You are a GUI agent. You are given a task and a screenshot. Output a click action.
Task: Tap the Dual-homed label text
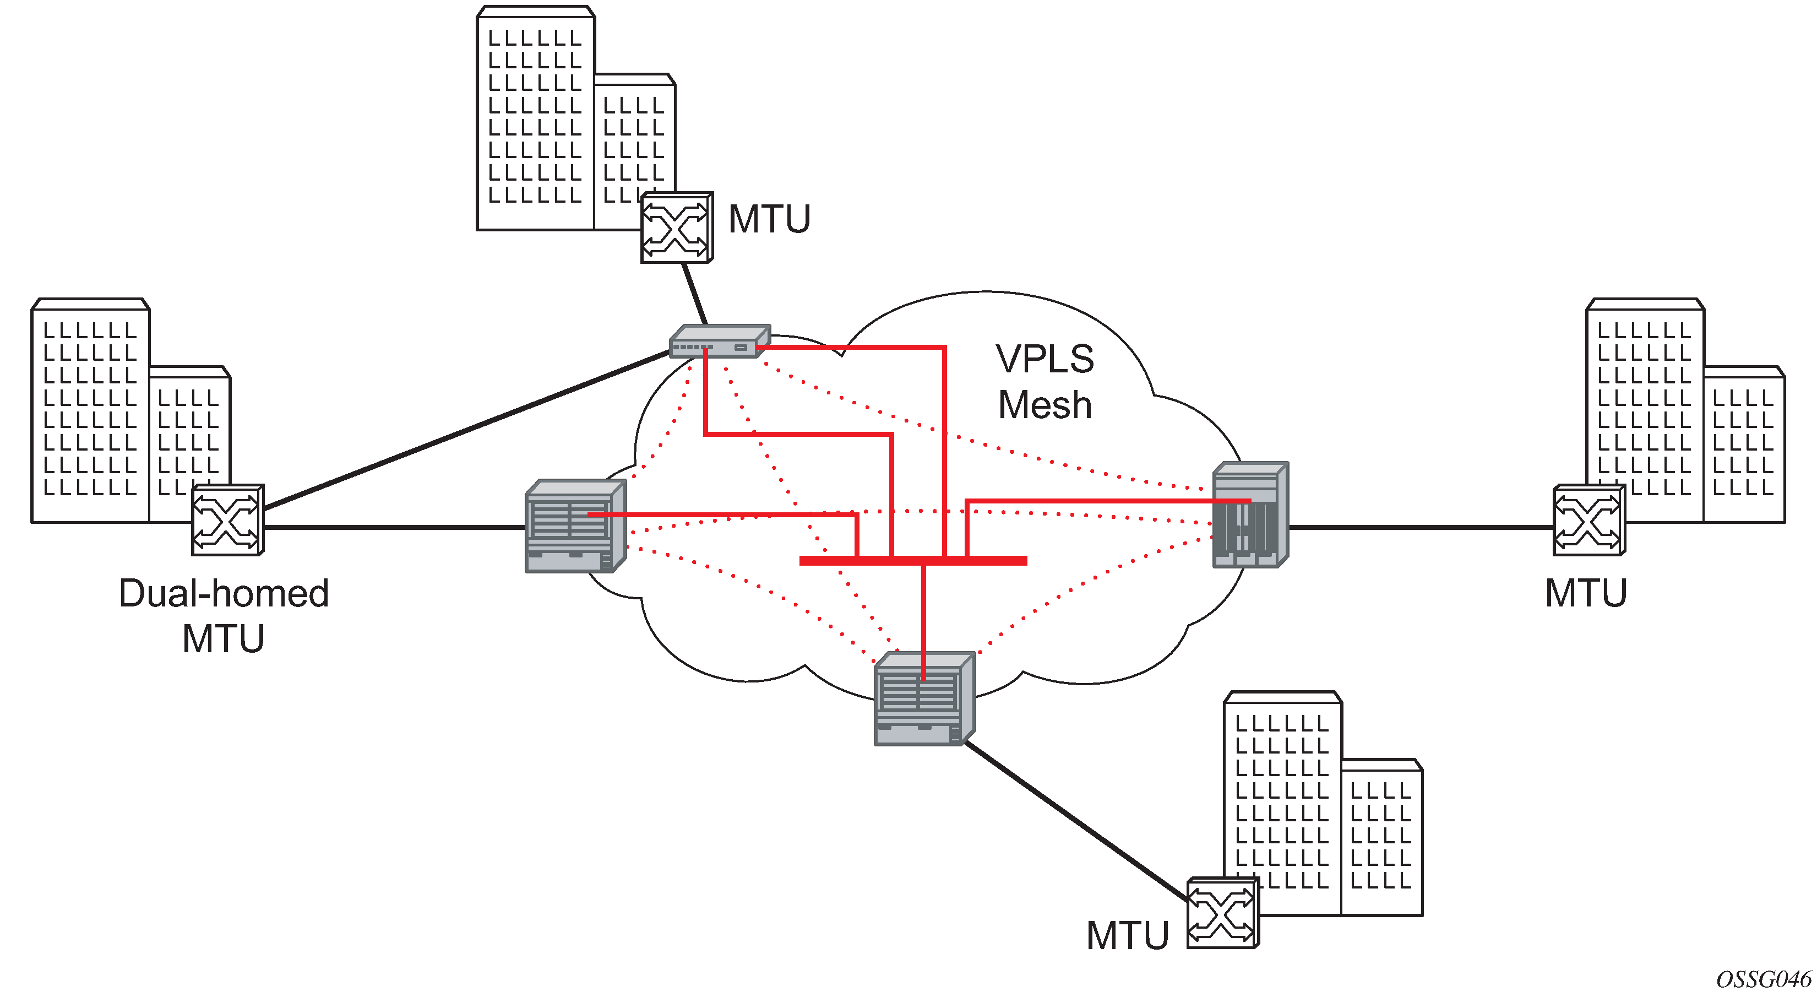(x=224, y=593)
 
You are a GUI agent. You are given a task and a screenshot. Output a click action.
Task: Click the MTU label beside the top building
(x=769, y=219)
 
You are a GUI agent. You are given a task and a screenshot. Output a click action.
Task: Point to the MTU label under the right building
(x=1586, y=593)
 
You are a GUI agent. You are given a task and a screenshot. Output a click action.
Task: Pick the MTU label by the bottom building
(x=1127, y=936)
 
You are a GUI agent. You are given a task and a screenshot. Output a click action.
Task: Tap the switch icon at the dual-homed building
(x=227, y=520)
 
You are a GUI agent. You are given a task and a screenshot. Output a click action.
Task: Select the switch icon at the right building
(x=1588, y=520)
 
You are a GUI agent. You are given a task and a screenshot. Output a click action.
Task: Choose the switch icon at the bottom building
(x=1222, y=913)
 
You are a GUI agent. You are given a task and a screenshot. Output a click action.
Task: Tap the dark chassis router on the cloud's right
(x=1250, y=515)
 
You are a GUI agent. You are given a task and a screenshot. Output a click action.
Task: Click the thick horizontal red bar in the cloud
(x=913, y=561)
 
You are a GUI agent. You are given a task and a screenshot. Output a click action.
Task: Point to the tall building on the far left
(x=90, y=409)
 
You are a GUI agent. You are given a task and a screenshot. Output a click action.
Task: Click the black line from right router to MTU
(x=1421, y=527)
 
